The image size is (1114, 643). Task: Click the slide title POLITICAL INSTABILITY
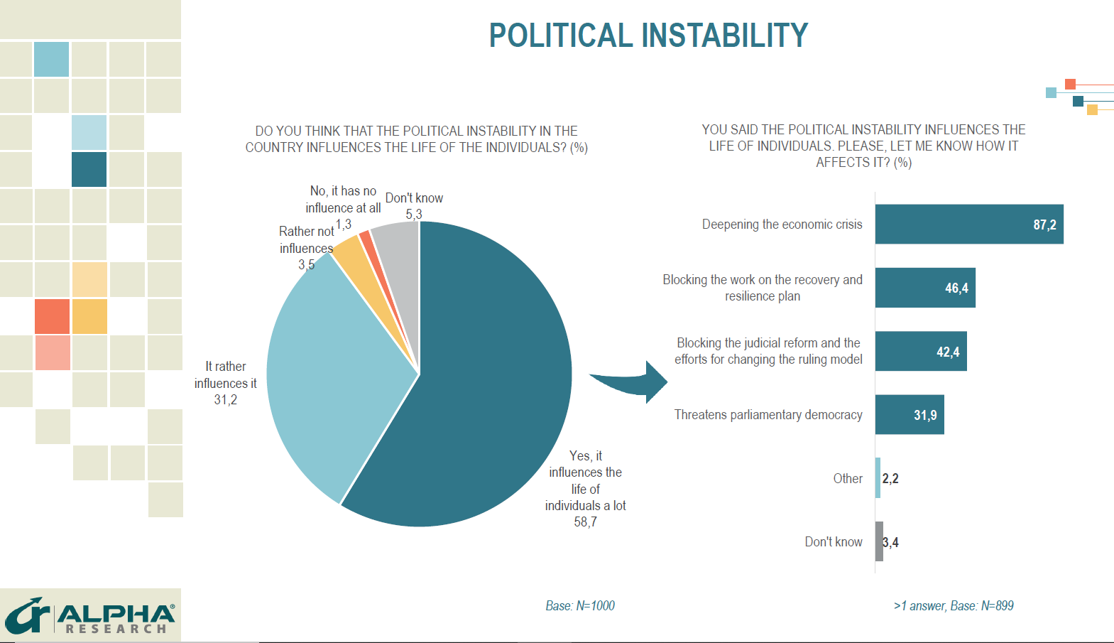648,36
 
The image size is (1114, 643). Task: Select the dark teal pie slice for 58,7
483,398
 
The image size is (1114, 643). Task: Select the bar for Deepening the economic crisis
968,225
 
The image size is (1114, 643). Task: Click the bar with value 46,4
924,288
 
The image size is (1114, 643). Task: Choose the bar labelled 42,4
920,351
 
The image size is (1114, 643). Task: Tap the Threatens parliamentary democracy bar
909,415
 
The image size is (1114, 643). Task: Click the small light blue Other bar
878,478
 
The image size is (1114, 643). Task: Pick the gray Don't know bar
879,541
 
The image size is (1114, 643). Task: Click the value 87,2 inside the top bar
1044,225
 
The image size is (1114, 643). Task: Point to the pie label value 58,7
585,522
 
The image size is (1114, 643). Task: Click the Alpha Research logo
90,616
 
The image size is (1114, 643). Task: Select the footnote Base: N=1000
580,606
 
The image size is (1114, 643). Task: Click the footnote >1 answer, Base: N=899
954,606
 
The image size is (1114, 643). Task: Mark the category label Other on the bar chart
848,479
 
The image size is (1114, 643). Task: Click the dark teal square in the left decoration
89,169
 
